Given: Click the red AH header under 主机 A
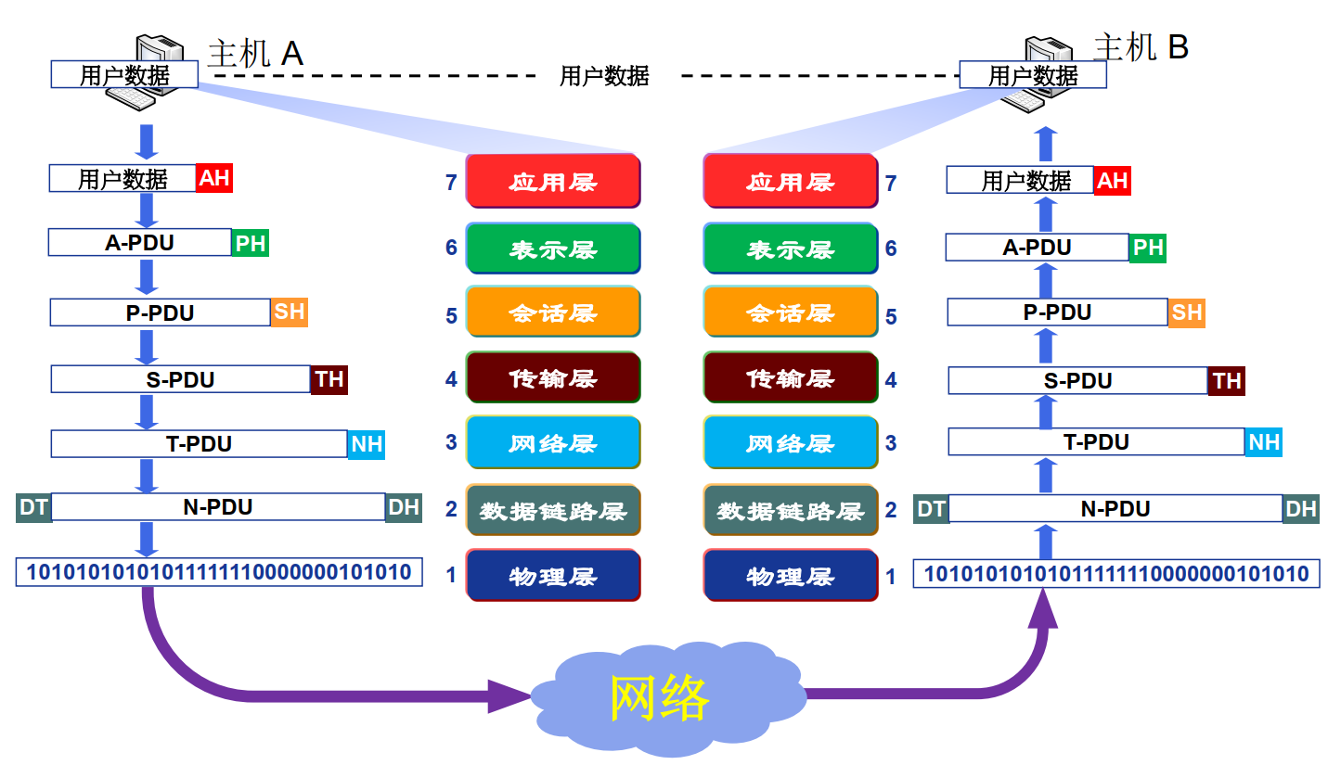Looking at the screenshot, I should click(214, 177).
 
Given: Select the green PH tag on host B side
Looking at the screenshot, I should click(1148, 248).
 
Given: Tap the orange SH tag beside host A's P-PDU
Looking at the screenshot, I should click(289, 312).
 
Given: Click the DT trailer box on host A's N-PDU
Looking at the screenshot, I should click(33, 507).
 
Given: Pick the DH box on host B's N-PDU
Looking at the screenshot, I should click(1301, 508).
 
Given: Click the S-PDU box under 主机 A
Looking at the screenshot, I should click(181, 379).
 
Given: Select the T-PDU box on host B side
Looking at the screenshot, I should click(1096, 442).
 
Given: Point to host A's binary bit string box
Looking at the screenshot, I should click(219, 572).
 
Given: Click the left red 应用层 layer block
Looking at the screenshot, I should click(553, 181).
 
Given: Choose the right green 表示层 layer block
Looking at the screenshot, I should click(791, 249).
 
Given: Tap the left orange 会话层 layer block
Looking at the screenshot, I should click(553, 312).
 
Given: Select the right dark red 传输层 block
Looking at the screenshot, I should click(791, 378).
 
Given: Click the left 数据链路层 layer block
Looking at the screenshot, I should click(553, 510).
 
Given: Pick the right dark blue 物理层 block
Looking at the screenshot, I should click(791, 576).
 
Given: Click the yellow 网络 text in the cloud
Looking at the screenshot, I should click(660, 697).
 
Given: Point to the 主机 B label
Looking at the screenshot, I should click(1141, 46).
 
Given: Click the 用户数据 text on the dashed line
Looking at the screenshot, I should click(604, 76).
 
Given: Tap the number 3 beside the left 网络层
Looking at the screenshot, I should click(451, 442).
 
